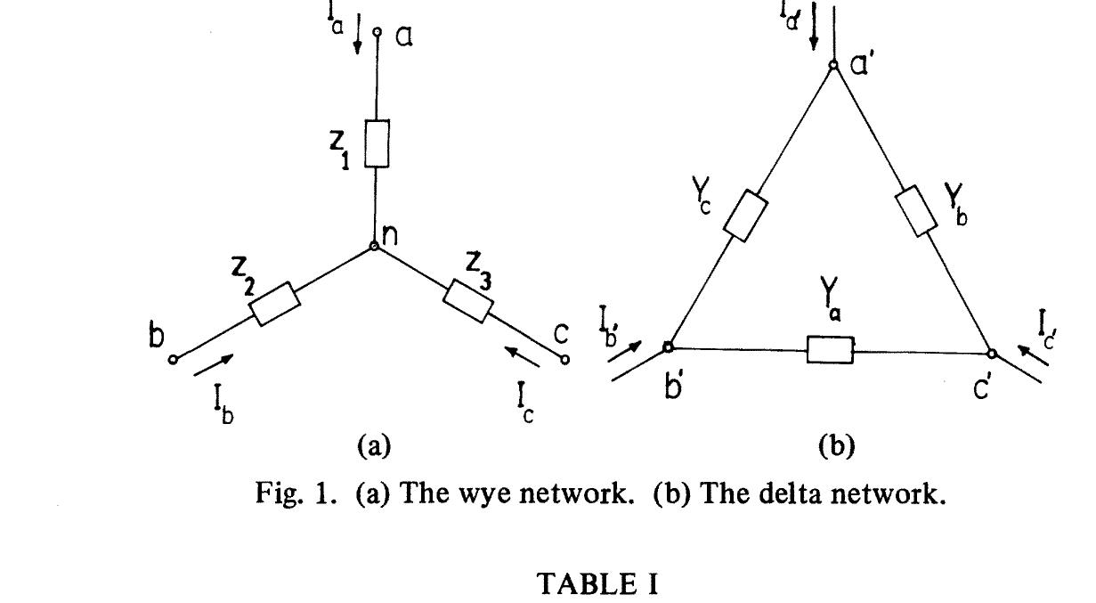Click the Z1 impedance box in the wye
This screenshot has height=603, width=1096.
(x=377, y=144)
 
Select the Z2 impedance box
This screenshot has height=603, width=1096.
(x=275, y=305)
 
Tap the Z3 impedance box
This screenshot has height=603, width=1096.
(x=468, y=301)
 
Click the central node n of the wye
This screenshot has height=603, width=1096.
(x=375, y=246)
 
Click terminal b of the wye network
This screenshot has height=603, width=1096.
(x=174, y=359)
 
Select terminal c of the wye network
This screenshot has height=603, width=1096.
(x=564, y=360)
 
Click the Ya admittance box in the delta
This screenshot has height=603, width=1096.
(x=830, y=350)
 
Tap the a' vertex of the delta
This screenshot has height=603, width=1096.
(x=833, y=65)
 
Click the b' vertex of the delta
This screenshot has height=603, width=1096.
(x=668, y=347)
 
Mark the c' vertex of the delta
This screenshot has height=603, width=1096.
(x=993, y=353)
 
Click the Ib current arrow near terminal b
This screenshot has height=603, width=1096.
(x=214, y=363)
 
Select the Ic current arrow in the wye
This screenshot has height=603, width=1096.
(x=523, y=357)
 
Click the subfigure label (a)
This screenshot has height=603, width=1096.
(x=373, y=446)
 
